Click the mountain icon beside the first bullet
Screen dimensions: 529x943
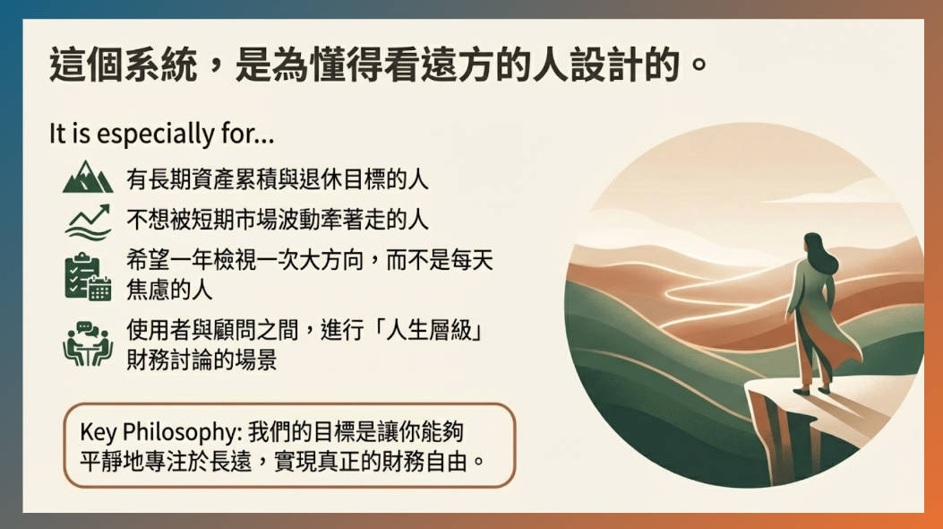(x=88, y=178)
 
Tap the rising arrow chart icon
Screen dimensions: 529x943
(x=89, y=221)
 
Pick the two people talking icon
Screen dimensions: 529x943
(x=88, y=343)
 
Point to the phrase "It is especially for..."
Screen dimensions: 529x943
(x=162, y=135)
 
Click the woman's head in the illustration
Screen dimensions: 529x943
(x=813, y=245)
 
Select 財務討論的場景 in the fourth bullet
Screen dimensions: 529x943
(x=201, y=360)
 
